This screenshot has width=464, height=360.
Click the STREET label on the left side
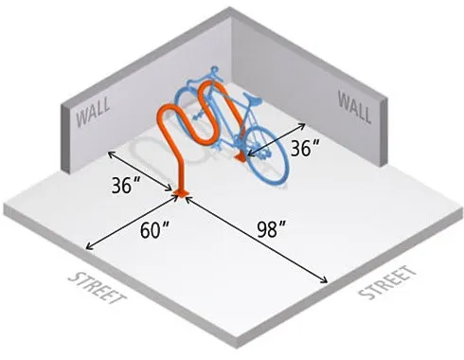point(98,290)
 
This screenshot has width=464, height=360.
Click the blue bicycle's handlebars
point(254,98)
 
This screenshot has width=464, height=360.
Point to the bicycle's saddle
point(211,69)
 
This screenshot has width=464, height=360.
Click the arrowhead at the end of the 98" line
point(328,281)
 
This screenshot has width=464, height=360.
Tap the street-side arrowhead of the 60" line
point(87,248)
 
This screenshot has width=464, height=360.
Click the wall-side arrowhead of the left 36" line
point(107,151)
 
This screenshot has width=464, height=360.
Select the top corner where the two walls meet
point(231,10)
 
